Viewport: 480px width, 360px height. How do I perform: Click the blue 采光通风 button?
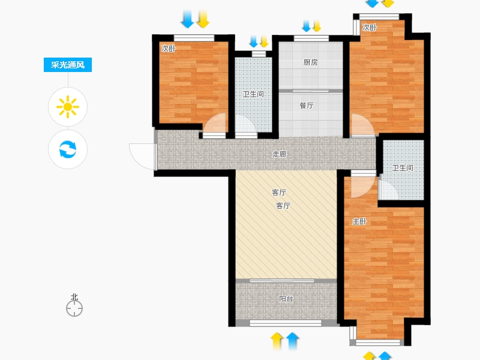click(68, 65)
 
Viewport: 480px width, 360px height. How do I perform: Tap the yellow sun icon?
click(68, 107)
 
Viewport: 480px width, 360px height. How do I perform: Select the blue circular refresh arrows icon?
click(68, 149)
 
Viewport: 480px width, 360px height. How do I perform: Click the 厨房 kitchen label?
click(310, 62)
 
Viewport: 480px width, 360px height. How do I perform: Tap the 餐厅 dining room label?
click(307, 106)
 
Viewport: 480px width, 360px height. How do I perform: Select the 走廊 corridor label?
click(280, 154)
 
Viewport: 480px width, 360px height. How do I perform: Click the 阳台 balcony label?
click(286, 298)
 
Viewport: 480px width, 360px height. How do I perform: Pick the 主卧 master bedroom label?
click(359, 221)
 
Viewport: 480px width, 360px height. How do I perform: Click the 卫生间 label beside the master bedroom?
click(403, 168)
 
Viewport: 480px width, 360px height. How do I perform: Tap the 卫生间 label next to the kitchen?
click(253, 94)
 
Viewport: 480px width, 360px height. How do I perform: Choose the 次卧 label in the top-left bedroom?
click(169, 49)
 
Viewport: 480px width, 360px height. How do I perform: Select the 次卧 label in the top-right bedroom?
click(369, 27)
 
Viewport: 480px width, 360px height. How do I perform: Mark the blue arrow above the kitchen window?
click(306, 26)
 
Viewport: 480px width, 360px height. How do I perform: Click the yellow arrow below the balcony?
click(277, 341)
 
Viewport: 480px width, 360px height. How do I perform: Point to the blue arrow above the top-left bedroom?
click(187, 19)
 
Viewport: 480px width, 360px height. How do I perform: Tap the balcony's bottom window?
click(286, 323)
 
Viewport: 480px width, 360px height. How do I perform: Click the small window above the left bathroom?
click(259, 54)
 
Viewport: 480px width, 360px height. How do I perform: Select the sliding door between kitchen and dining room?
click(310, 91)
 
